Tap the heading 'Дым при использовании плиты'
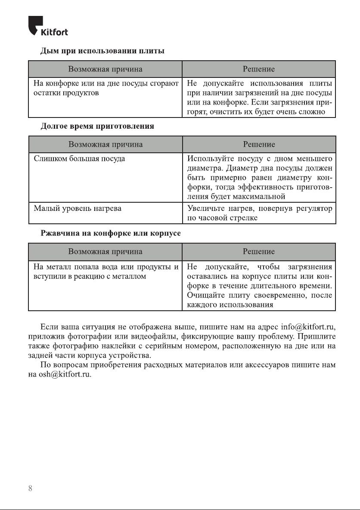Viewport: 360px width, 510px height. (x=102, y=51)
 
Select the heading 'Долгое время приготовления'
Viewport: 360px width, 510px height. (x=97, y=127)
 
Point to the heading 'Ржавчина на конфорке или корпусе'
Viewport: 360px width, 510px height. (x=111, y=233)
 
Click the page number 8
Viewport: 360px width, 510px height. (x=30, y=488)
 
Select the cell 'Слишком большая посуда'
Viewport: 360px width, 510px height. (x=80, y=159)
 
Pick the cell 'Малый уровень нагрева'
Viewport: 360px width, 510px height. (x=78, y=208)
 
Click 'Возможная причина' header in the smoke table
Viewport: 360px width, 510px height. (x=106, y=69)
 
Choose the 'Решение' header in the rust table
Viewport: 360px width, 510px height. (x=259, y=251)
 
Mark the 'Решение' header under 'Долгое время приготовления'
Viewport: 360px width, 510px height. (x=259, y=144)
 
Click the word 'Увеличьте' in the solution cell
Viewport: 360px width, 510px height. (x=204, y=208)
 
